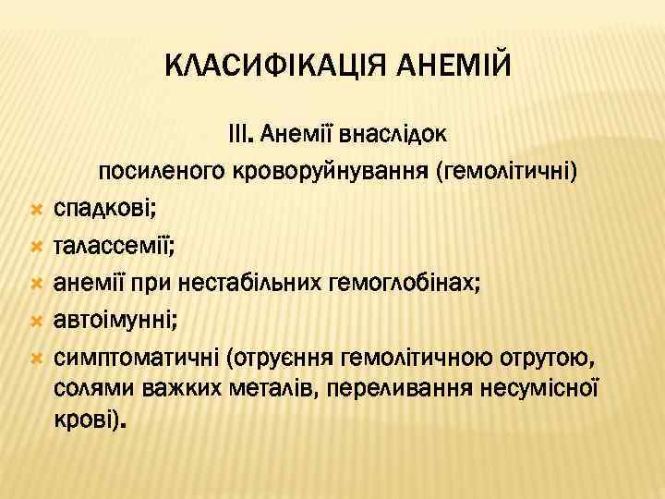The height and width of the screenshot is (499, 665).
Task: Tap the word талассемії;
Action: click(x=108, y=248)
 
